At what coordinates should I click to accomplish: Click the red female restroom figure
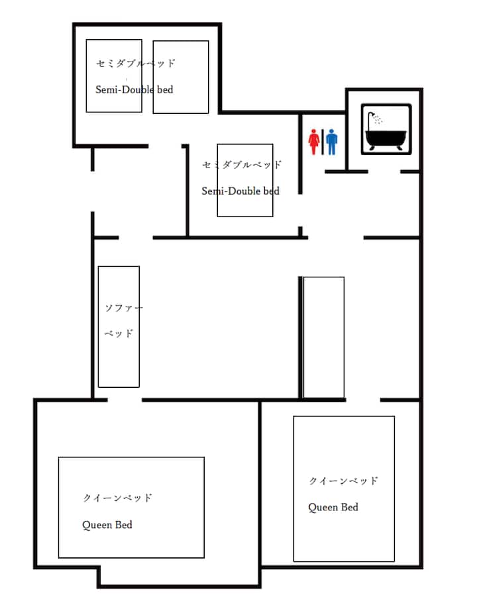click(314, 142)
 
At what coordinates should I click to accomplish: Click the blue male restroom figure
click(332, 142)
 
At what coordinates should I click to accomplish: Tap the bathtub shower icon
click(386, 129)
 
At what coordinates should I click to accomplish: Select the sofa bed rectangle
click(119, 326)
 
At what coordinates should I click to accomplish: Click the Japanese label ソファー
click(124, 308)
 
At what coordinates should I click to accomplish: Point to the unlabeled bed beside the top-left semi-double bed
click(181, 77)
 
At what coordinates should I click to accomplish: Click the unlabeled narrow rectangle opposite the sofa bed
click(324, 338)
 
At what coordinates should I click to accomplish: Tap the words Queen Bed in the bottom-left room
click(107, 525)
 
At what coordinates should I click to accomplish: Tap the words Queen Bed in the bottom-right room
click(333, 507)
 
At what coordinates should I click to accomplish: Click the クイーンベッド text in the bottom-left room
click(117, 498)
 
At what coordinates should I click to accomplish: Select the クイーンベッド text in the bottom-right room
click(343, 481)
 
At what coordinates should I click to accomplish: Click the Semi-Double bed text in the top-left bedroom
click(134, 90)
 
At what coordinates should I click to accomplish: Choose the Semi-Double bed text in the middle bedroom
click(240, 191)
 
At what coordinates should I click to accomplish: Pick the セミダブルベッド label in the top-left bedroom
click(135, 64)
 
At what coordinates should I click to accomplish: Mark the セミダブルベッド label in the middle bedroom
click(241, 165)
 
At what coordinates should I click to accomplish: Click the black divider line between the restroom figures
click(323, 142)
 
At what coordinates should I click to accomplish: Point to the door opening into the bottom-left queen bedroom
click(125, 400)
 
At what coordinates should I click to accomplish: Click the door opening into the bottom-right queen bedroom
click(363, 400)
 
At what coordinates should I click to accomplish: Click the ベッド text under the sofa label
click(119, 333)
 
